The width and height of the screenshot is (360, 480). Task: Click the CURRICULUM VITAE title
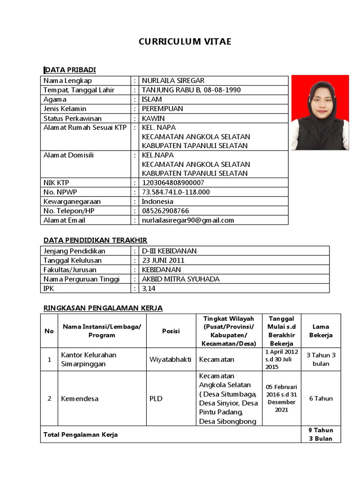[x=185, y=42]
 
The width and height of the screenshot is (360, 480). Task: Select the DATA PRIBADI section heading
[x=70, y=70]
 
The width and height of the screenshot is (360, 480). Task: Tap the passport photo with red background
[x=320, y=112]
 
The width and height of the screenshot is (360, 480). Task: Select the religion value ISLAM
[x=152, y=99]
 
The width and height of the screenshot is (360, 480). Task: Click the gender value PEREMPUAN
[x=162, y=109]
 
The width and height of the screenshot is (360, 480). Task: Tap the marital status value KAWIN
[x=153, y=118]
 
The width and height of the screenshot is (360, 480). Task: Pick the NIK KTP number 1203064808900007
[x=173, y=183]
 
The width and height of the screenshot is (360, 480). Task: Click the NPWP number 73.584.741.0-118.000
[x=176, y=192]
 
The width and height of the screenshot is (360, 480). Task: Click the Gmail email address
[x=187, y=220]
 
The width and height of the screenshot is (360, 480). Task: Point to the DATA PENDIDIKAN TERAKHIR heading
[x=96, y=240]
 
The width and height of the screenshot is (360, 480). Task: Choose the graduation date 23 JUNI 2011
[x=163, y=260]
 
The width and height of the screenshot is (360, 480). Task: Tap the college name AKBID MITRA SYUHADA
[x=180, y=279]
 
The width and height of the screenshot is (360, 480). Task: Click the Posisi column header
[x=171, y=331]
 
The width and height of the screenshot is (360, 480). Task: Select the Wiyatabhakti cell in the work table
[x=170, y=360]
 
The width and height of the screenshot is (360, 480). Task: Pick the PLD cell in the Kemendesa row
[x=156, y=398]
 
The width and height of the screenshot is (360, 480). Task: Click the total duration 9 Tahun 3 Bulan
[x=321, y=435]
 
